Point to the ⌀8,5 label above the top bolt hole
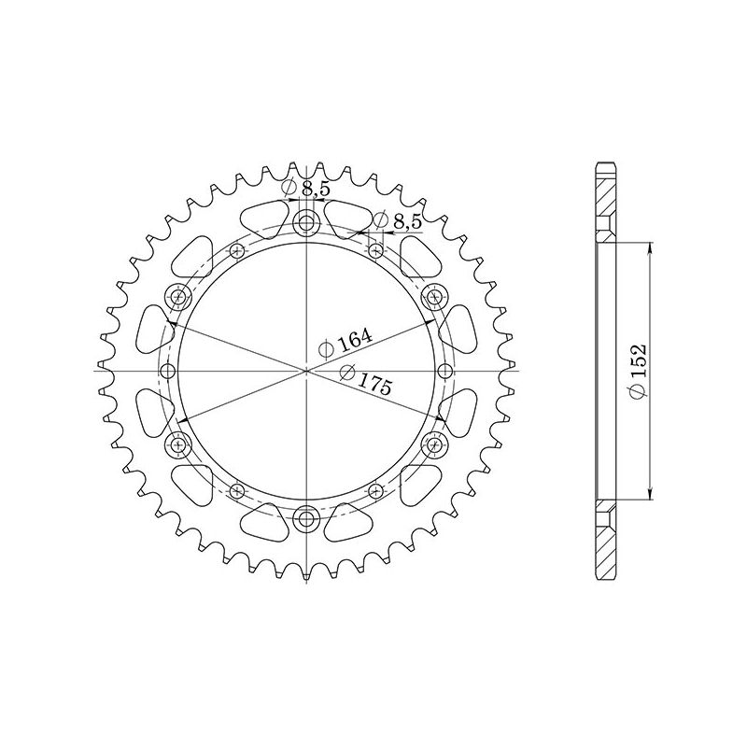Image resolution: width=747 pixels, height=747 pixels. (x=309, y=190)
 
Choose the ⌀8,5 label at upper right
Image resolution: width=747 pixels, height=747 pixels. (x=399, y=221)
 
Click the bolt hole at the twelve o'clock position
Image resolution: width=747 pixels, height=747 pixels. (x=306, y=223)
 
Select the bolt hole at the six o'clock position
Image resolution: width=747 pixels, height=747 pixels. (x=306, y=519)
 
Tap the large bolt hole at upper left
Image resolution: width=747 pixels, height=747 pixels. (x=178, y=298)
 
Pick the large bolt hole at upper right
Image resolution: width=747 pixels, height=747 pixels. (x=434, y=298)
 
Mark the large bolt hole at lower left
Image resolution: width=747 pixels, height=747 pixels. (x=178, y=444)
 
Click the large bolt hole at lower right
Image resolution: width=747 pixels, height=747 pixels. (x=434, y=444)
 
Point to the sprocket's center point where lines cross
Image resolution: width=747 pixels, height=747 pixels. (x=306, y=372)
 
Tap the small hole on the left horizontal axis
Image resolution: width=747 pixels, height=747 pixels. (x=168, y=372)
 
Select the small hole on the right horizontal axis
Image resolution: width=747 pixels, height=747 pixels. (x=444, y=372)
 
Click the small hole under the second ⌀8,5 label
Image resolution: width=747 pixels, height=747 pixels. (x=375, y=249)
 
